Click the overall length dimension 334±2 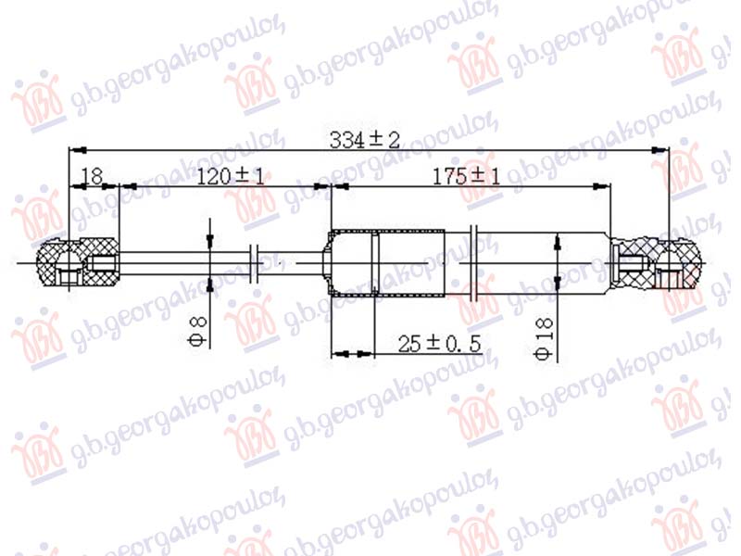click(x=365, y=140)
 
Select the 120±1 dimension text click(x=230, y=176)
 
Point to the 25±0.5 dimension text click(x=441, y=345)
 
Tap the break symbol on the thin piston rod click(x=257, y=263)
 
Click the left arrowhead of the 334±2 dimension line click(x=78, y=149)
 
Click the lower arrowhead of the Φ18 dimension click(x=557, y=285)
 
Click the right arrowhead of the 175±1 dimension click(x=606, y=186)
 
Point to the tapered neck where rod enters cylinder click(x=326, y=263)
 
